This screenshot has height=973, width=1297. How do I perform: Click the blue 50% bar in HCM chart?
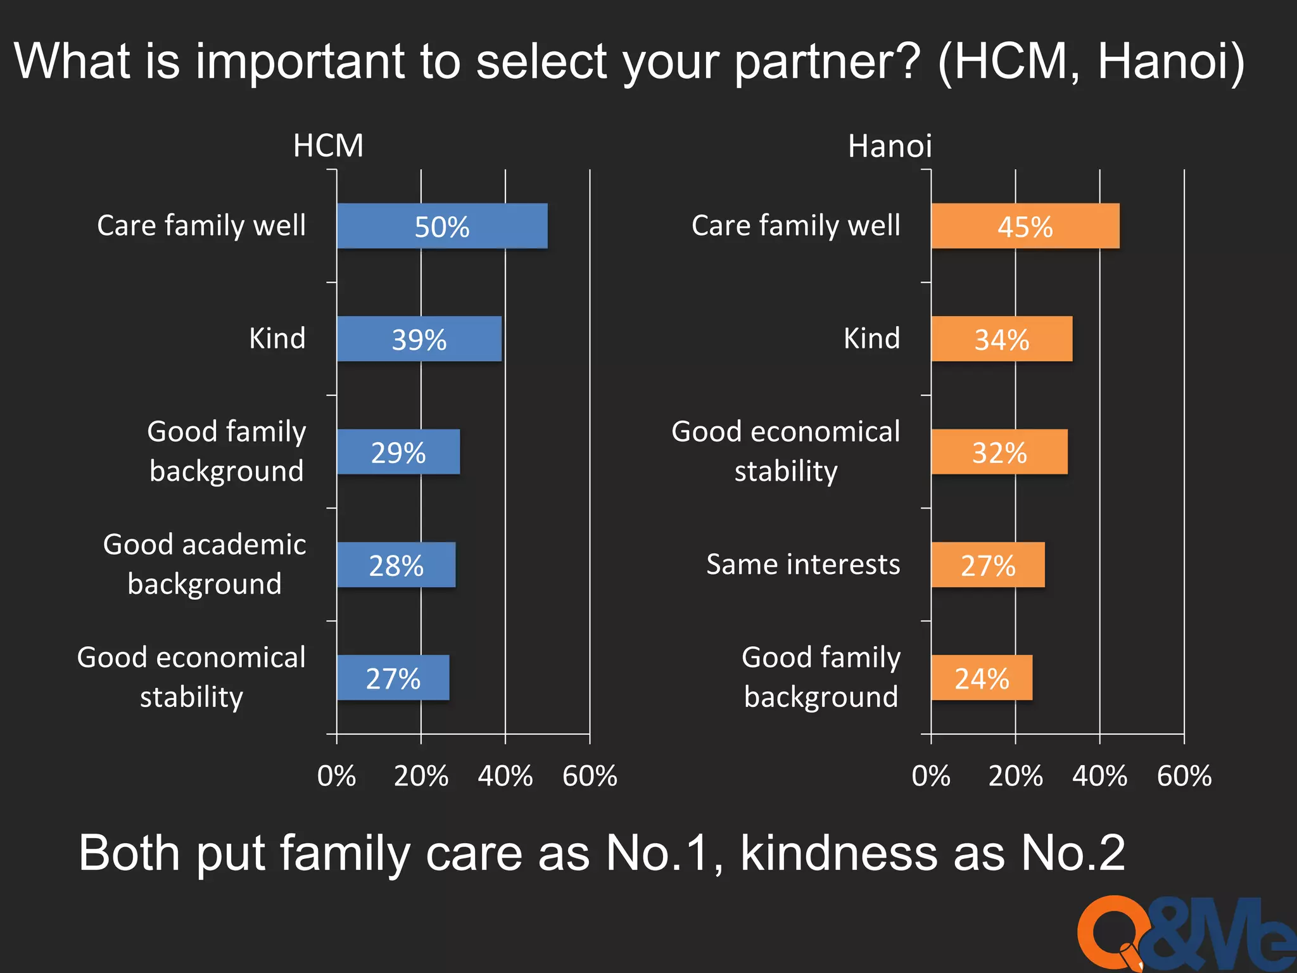pyautogui.click(x=442, y=226)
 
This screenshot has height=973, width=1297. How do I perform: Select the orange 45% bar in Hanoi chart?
pyautogui.click(x=1025, y=226)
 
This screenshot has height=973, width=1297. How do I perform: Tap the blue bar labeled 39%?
pyautogui.click(x=419, y=339)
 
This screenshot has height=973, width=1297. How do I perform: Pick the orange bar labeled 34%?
pyautogui.click(x=1001, y=339)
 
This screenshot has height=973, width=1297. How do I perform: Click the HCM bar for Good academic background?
pyautogui.click(x=396, y=564)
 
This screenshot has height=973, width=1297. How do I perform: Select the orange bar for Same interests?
pyautogui.click(x=987, y=564)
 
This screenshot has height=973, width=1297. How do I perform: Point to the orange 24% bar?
pyautogui.click(x=981, y=678)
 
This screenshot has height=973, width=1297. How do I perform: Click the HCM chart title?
pyautogui.click(x=328, y=146)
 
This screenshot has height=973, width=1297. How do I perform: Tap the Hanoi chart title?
pyautogui.click(x=889, y=146)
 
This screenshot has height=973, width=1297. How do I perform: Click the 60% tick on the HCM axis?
pyautogui.click(x=590, y=776)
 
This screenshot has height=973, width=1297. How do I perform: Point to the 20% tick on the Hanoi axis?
pyautogui.click(x=1015, y=776)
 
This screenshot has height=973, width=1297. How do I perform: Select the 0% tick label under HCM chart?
pyautogui.click(x=336, y=776)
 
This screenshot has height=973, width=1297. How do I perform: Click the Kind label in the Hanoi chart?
pyautogui.click(x=871, y=338)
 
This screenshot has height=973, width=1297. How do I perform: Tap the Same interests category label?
pyautogui.click(x=803, y=564)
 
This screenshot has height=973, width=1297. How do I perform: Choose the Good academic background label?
pyautogui.click(x=205, y=564)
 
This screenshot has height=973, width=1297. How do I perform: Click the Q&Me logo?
pyautogui.click(x=1184, y=934)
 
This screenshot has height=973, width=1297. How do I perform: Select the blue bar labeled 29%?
pyautogui.click(x=398, y=452)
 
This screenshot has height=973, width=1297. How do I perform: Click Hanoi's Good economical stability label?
pyautogui.click(x=785, y=451)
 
